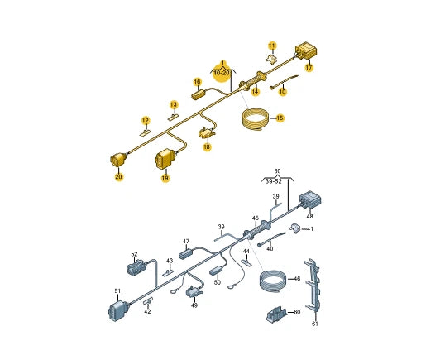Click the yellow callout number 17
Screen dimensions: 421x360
coord(309,67)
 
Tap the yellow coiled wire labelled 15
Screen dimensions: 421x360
coord(255,120)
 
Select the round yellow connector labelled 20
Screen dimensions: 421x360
coord(118,160)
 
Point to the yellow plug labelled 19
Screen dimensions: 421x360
coord(165,159)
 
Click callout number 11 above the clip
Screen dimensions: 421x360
coord(272,46)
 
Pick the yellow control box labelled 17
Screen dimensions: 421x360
coord(306,51)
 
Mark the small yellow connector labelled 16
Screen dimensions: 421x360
coord(199,94)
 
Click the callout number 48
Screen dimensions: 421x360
coord(309,216)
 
